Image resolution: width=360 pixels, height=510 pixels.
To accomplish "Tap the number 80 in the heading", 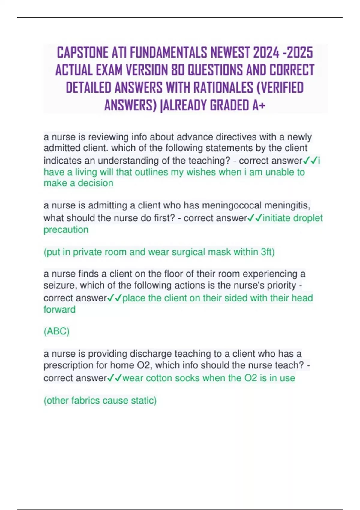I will click(177, 70).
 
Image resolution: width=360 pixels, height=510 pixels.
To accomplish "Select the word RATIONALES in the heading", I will click(223, 88).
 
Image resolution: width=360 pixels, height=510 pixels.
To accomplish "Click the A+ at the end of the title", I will click(259, 105).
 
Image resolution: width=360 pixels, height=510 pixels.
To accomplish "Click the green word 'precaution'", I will click(66, 230).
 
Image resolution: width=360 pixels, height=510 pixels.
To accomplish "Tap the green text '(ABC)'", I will click(56, 331).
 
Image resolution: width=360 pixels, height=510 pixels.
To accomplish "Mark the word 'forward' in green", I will click(59, 310).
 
